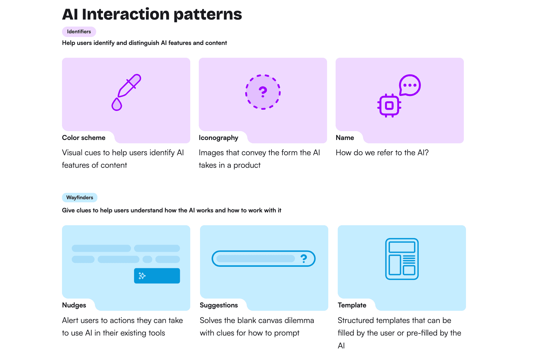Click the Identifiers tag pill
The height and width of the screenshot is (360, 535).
coord(79,31)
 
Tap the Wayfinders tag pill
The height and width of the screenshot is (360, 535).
coord(79,197)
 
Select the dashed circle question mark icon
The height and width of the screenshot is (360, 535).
coord(263,92)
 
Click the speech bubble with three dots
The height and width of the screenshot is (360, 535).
coord(409,85)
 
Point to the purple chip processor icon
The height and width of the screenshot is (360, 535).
coord(389,106)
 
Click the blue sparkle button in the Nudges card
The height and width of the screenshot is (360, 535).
coord(157,276)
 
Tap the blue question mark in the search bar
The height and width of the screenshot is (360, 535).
coord(304,259)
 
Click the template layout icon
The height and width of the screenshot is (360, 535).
coord(402,259)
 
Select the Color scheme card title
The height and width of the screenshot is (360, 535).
coord(84,138)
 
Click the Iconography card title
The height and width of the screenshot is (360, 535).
coord(218,138)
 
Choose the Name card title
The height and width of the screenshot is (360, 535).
coord(345,138)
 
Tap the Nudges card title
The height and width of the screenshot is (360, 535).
coord(74,305)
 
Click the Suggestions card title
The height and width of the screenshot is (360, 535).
coord(219,305)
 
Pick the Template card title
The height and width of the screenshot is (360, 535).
coord(352,305)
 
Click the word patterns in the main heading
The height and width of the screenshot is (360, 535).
coord(208,14)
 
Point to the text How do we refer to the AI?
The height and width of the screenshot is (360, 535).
coord(382,152)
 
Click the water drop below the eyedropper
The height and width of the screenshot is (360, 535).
coord(117,105)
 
